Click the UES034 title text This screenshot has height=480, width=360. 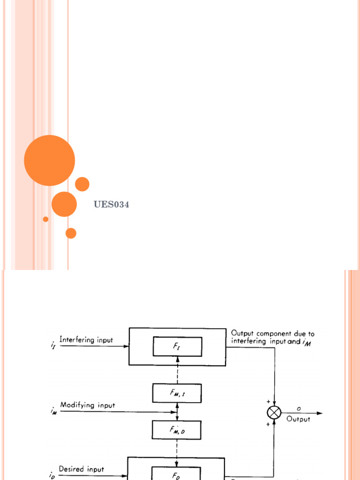click(111, 204)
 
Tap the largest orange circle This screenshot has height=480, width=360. click(49, 160)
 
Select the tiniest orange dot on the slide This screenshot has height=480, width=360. click(45, 219)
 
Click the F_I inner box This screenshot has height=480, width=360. click(177, 346)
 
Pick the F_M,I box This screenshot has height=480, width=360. click(177, 393)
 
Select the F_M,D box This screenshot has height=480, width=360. click(177, 429)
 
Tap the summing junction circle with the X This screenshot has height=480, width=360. click(273, 412)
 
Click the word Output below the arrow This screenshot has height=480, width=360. click(298, 419)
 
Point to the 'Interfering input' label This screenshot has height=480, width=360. click(86, 340)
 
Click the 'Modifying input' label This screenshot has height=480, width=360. click(87, 405)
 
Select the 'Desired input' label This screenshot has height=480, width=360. click(82, 469)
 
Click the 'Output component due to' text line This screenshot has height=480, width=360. click(273, 334)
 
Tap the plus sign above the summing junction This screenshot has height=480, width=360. click(268, 402)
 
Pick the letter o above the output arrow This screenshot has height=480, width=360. click(299, 408)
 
